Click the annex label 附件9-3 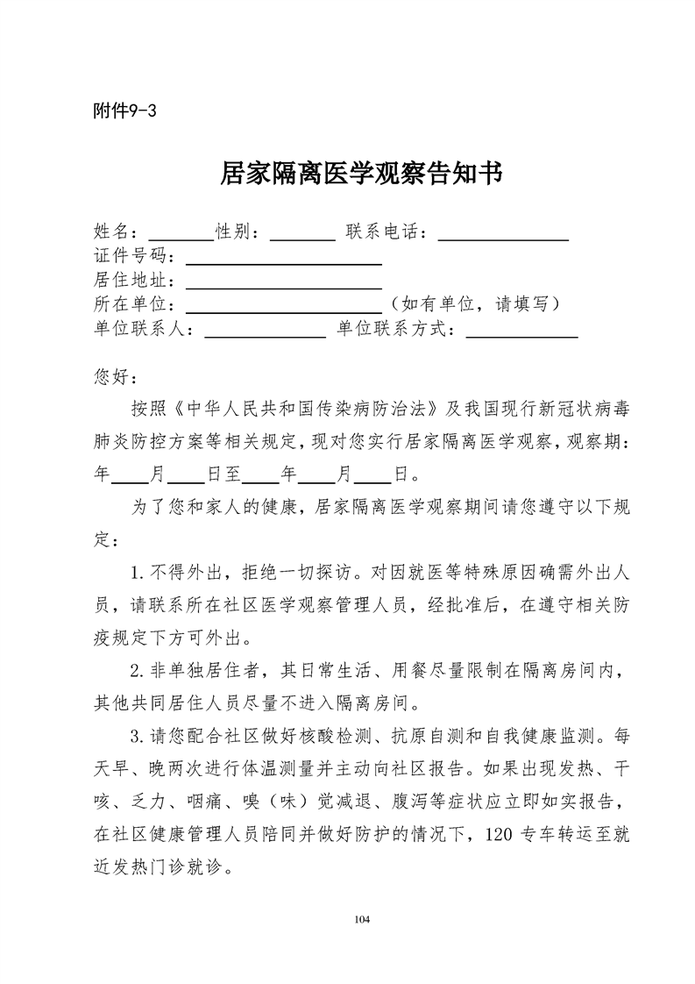tap(124, 111)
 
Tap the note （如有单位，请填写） tap(475, 304)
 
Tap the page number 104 tap(362, 918)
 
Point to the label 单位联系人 tap(145, 330)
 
